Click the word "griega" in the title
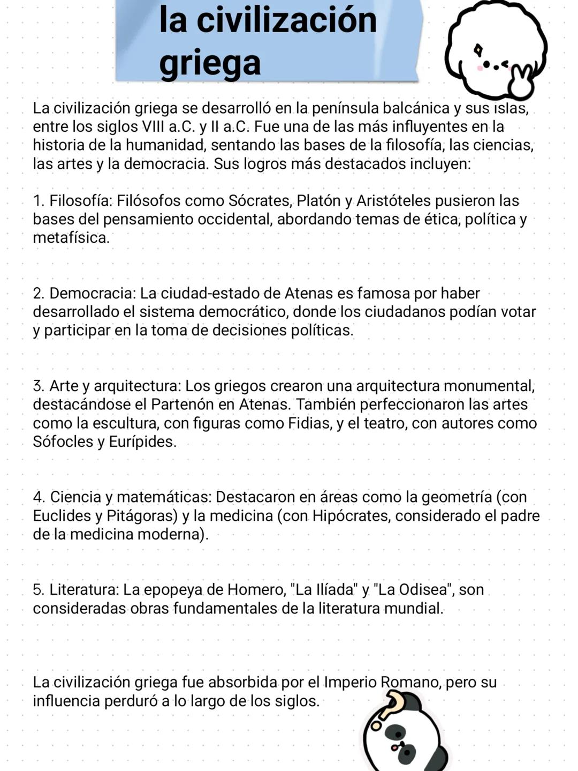pos(210,63)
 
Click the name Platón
pos(318,201)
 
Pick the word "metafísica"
pos(70,238)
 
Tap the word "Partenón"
pos(185,405)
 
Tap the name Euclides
pos(62,516)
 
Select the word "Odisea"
pos(423,590)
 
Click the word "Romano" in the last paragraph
pos(409,683)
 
